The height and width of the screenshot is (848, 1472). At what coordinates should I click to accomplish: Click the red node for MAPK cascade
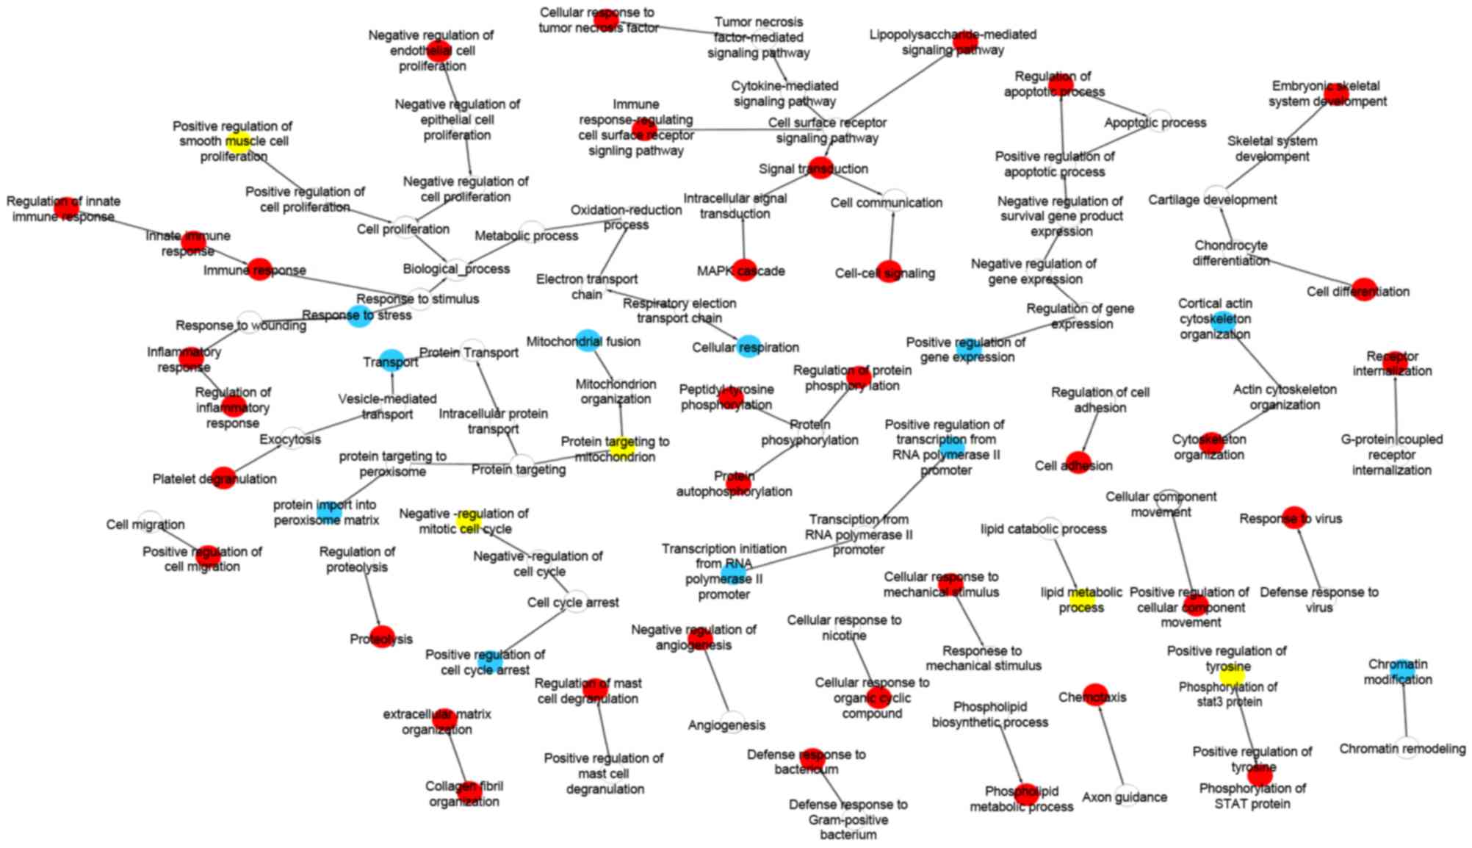(743, 270)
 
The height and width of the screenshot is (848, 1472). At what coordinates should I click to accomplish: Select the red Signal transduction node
(820, 168)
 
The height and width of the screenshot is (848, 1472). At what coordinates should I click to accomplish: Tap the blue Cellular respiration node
(748, 346)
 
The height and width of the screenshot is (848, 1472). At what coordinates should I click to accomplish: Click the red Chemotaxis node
(1094, 694)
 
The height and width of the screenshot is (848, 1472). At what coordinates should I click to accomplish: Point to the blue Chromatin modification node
(1401, 671)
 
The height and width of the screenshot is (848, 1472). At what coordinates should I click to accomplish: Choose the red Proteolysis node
(382, 637)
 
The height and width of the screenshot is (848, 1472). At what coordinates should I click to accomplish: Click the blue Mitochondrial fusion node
(587, 340)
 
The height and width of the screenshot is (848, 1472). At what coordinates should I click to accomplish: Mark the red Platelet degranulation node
(223, 478)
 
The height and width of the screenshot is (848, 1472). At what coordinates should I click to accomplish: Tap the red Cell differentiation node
(1363, 290)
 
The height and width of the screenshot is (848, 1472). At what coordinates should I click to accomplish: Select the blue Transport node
(392, 360)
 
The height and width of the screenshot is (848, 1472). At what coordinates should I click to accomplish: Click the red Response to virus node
(1294, 517)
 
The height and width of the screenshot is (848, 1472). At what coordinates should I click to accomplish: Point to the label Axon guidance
(1125, 797)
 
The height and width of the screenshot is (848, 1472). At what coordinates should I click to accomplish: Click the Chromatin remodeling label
(1402, 749)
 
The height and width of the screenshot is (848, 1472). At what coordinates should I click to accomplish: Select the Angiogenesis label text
(726, 725)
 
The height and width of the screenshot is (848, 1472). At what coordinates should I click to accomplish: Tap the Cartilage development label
(1213, 200)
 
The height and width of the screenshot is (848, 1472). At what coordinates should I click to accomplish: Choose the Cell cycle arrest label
(573, 603)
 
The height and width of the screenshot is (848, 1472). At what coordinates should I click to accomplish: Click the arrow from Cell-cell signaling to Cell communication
(892, 235)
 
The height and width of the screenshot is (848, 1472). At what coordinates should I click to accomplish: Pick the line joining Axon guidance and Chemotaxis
(1110, 746)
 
